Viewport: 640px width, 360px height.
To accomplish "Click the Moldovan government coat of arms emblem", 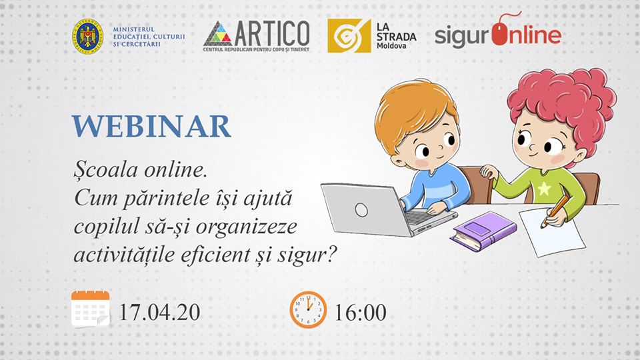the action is [x=87, y=36].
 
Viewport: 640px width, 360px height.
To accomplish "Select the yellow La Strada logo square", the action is [x=349, y=35].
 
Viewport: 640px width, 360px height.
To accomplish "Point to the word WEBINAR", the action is [x=151, y=127].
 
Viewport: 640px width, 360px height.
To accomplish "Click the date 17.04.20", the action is [x=159, y=312].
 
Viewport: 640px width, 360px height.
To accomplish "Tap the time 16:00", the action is [x=360, y=312].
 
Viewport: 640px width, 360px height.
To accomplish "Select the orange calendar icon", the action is [x=91, y=309].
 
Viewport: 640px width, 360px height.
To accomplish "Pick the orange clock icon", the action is [x=308, y=309].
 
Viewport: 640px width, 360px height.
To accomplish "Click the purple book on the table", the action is [x=483, y=231].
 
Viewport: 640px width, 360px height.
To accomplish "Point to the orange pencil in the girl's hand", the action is [x=554, y=211].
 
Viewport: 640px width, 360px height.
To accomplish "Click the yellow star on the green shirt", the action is [x=544, y=189].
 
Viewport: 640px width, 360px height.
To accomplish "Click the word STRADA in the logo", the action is [x=396, y=37].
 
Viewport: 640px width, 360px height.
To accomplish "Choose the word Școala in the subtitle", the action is [x=106, y=170].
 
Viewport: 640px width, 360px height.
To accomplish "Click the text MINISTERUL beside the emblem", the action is [x=134, y=29].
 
